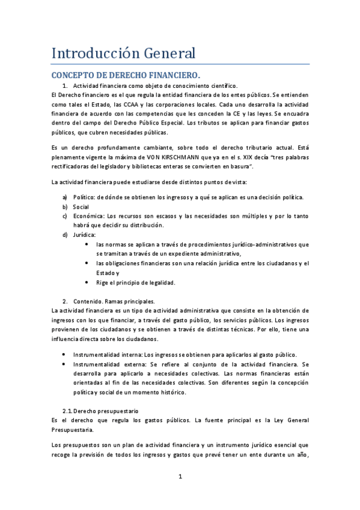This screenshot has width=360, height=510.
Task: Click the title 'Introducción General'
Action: coord(123,53)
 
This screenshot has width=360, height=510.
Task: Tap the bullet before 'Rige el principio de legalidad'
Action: coord(89,282)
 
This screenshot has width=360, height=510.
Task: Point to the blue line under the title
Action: coord(180,64)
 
